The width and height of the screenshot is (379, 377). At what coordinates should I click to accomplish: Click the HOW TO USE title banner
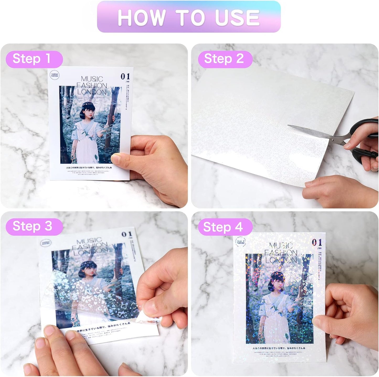tap(189, 17)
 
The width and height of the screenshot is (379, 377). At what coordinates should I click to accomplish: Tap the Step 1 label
tap(32, 59)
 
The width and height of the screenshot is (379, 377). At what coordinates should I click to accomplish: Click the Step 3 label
tap(32, 226)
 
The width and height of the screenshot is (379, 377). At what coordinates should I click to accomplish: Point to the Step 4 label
tap(223, 227)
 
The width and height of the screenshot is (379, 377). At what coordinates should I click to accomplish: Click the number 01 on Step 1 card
tap(125, 76)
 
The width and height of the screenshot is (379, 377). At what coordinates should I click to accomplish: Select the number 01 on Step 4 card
tap(317, 242)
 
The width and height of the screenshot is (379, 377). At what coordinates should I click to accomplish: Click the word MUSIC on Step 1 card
tap(92, 79)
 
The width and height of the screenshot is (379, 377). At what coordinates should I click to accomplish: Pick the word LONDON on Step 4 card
tap(281, 260)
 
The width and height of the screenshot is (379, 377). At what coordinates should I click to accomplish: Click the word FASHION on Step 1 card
tap(92, 86)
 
